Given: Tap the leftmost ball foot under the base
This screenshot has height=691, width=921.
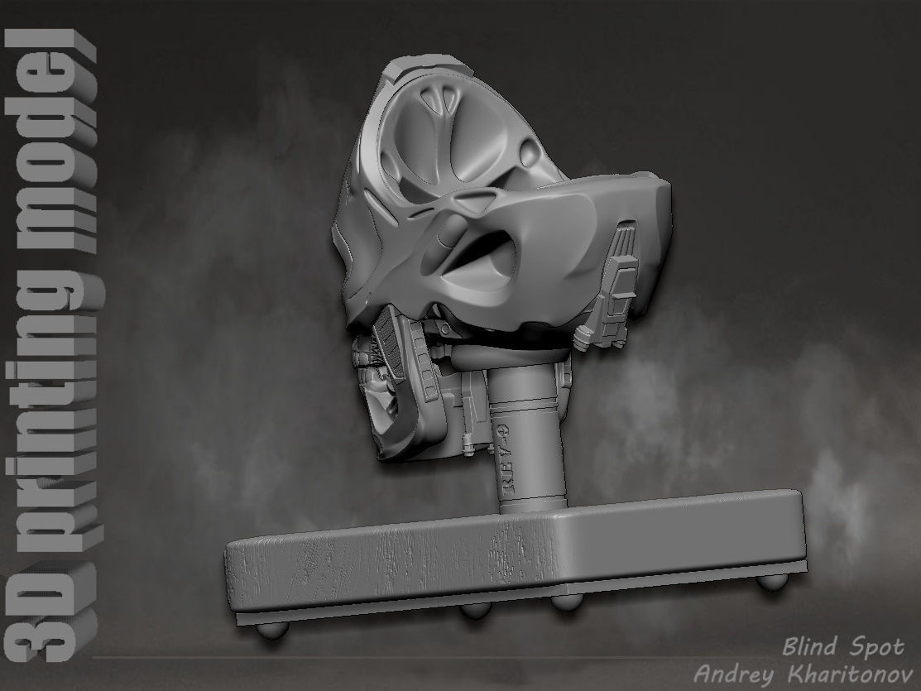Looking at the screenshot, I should (x=272, y=629).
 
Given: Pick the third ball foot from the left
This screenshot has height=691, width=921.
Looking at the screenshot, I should (x=566, y=601).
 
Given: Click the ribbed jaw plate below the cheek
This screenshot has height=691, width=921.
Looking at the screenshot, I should (x=390, y=348).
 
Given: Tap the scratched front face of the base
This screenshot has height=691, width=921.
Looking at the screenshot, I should (x=397, y=563).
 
